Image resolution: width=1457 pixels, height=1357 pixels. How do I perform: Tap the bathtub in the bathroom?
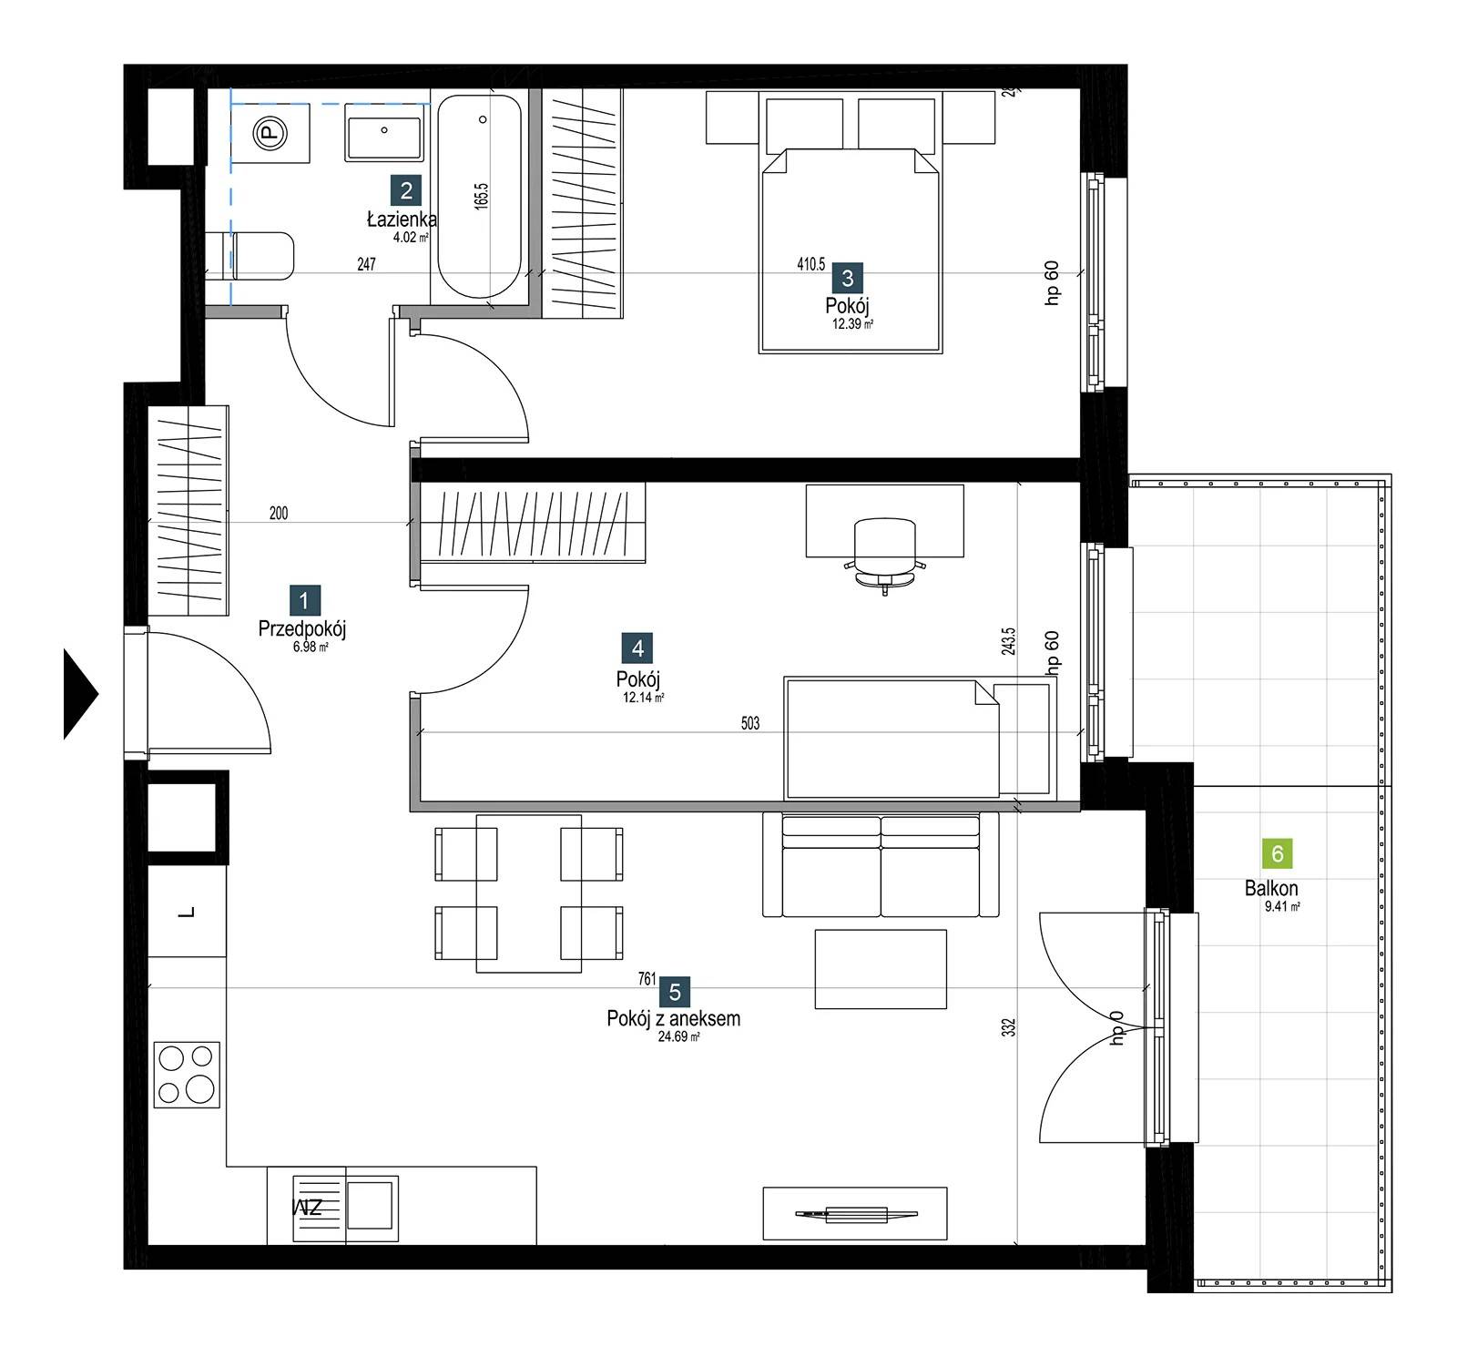pyautogui.click(x=480, y=197)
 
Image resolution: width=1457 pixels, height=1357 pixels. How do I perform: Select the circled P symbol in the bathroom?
pyautogui.click(x=270, y=134)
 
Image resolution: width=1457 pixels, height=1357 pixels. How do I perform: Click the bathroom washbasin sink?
pyautogui.click(x=383, y=133)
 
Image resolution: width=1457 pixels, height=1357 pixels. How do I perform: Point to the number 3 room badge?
pyautogui.click(x=847, y=278)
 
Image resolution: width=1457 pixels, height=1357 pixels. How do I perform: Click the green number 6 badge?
pyautogui.click(x=1277, y=853)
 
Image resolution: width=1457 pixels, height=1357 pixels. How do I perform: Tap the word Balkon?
pyautogui.click(x=1271, y=888)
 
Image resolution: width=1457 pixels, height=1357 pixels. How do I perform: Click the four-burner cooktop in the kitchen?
pyautogui.click(x=187, y=1075)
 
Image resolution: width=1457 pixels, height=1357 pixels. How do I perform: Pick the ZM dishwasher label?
pyautogui.click(x=308, y=1208)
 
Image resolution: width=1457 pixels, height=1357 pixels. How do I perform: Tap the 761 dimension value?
pyautogui.click(x=647, y=979)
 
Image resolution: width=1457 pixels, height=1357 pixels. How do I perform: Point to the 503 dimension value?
pyautogui.click(x=749, y=724)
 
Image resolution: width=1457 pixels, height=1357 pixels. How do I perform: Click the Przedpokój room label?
pyautogui.click(x=302, y=628)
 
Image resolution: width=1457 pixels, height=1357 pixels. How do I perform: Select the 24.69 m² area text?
pyautogui.click(x=678, y=1036)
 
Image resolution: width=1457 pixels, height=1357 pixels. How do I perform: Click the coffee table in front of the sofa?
pyautogui.click(x=881, y=969)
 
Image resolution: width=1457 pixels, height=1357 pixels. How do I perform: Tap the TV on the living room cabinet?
pyautogui.click(x=856, y=1213)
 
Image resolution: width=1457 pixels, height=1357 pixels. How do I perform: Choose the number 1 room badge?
pyautogui.click(x=304, y=600)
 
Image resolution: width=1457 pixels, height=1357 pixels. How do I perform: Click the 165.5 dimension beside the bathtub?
pyautogui.click(x=482, y=197)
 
